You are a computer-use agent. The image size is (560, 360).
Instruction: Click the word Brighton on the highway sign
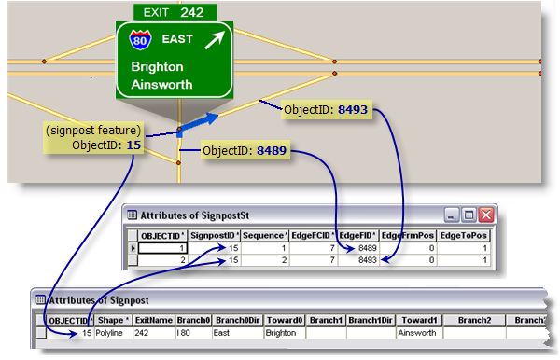coord(157,67)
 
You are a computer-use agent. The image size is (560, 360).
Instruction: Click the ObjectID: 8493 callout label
coord(325,110)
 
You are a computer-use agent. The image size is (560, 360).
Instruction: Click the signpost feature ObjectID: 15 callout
coord(92,138)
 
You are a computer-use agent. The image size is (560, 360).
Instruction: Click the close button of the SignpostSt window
coord(486,213)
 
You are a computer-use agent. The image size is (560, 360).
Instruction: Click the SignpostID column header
coord(216,236)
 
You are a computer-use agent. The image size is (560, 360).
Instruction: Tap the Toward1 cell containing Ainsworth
coord(416,332)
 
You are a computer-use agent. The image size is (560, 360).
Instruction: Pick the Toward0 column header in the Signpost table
coord(284,320)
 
